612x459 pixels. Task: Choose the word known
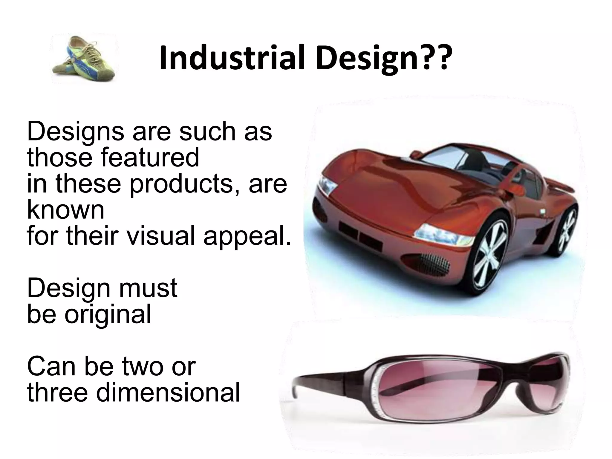click(66, 210)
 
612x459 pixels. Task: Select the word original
click(108, 314)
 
